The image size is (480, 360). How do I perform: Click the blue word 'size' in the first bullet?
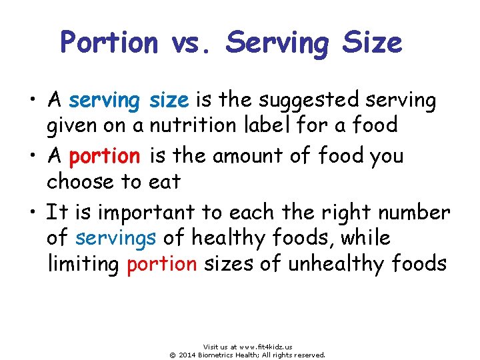point(169,101)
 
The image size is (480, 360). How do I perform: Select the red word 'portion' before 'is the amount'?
point(104,157)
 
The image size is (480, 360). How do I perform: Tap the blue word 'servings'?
point(116,238)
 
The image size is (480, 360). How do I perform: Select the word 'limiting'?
point(83,263)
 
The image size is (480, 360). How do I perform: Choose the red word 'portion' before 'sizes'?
point(161,264)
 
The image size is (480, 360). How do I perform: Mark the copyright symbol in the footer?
point(172,355)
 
